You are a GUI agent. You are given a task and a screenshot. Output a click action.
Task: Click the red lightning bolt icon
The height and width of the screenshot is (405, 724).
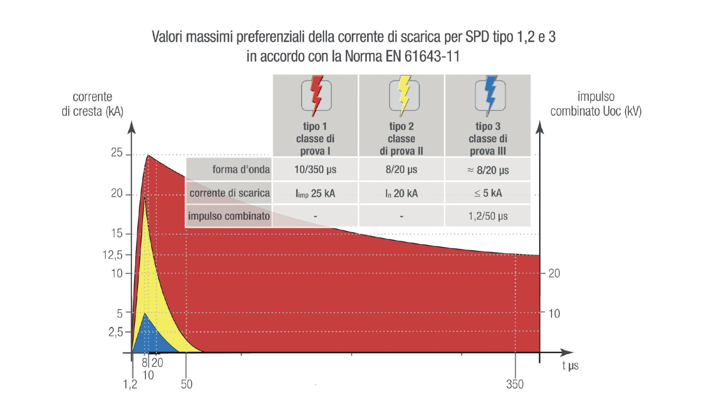tap(316, 95)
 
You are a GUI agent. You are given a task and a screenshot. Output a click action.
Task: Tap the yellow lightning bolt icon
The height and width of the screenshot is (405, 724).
tap(404, 95)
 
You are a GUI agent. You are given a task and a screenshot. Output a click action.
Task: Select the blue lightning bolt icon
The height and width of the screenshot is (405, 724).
tap(490, 95)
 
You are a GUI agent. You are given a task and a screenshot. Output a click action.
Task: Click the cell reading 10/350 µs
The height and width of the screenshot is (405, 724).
tap(315, 169)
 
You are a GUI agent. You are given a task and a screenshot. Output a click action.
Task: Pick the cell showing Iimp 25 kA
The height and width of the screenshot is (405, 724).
tap(315, 194)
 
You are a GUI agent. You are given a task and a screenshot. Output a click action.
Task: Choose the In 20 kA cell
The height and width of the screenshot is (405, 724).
tap(401, 194)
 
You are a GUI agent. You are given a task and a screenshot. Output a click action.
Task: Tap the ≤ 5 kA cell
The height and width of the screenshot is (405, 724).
tap(488, 193)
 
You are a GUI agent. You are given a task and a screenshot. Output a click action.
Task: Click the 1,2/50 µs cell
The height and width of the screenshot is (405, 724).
tap(488, 216)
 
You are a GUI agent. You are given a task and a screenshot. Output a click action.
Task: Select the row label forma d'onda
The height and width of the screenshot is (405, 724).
tap(241, 169)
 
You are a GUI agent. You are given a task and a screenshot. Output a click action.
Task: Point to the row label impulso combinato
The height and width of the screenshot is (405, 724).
tap(229, 216)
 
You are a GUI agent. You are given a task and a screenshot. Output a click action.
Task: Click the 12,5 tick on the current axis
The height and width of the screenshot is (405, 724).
tap(113, 255)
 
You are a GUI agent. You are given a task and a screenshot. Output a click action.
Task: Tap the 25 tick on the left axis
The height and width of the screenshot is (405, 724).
tap(117, 153)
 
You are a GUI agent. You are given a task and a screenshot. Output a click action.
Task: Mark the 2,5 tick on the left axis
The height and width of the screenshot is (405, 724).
tap(116, 332)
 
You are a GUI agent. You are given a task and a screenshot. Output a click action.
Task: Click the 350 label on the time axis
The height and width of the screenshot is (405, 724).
tap(515, 384)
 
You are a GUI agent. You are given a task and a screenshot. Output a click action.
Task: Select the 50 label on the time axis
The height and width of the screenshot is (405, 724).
tap(186, 384)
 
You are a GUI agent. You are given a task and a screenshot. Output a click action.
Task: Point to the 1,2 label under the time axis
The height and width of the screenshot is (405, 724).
tap(130, 384)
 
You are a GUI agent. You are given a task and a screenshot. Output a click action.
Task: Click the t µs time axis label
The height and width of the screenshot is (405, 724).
tap(570, 365)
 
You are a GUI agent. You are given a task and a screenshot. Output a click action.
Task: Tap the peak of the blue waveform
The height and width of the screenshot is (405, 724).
tap(145, 314)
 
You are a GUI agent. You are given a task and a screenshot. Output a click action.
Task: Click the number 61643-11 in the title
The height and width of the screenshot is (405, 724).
tap(432, 57)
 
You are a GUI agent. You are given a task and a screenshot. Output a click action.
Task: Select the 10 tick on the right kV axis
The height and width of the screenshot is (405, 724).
tap(554, 314)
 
